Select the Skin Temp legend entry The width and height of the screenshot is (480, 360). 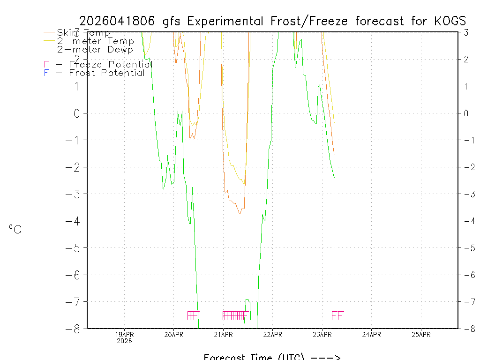tap(83, 33)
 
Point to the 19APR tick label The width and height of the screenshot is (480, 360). tap(125, 335)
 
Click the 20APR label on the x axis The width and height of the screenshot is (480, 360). tap(174, 335)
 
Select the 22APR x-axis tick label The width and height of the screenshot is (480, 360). tap(273, 335)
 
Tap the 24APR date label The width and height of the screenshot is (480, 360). tap(372, 335)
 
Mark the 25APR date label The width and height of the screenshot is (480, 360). tap(421, 335)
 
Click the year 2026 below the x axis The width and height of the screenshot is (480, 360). tap(125, 341)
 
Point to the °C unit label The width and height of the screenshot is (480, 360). tap(15, 230)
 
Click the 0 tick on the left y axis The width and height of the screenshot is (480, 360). tap(77, 113)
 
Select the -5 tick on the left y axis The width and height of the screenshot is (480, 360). tap(75, 248)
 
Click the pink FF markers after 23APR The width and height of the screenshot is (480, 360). tap(337, 315)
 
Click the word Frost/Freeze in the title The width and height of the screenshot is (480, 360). tap(311, 21)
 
